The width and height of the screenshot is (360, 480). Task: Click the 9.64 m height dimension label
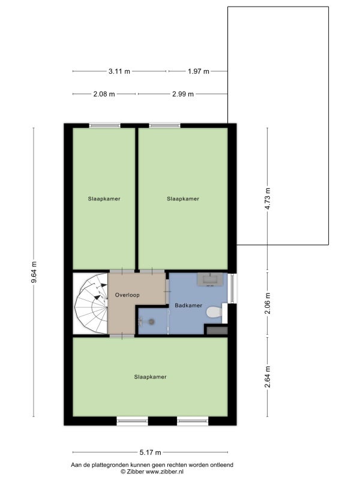[34, 272]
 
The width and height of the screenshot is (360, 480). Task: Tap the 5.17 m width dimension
[151, 452]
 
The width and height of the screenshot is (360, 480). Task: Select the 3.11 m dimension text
[119, 71]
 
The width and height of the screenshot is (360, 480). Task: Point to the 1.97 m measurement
[199, 71]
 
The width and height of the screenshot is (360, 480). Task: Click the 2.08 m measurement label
[104, 94]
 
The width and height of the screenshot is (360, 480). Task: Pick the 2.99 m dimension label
[183, 94]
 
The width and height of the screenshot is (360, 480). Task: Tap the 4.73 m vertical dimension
[268, 199]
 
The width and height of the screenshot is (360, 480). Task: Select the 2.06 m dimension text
[268, 303]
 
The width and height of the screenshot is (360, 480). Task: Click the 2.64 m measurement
[268, 377]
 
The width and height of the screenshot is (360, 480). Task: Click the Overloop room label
[127, 295]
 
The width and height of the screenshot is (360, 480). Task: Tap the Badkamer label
[188, 305]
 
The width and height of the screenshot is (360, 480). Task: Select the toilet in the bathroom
[215, 313]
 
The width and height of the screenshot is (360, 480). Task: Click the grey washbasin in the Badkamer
[210, 279]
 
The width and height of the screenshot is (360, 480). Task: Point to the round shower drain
[151, 322]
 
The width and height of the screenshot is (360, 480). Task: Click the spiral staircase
[91, 304]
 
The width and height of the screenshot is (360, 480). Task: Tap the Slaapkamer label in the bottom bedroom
[151, 377]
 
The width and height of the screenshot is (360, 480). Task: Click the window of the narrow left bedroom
[104, 125]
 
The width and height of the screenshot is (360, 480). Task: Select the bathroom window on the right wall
[233, 288]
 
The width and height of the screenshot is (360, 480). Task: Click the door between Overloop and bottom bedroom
[122, 336]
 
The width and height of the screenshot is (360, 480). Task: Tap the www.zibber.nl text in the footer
[164, 472]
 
